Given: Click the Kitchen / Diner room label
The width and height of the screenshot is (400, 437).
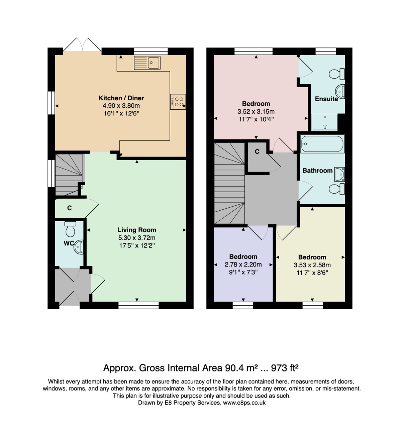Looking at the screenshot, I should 121,98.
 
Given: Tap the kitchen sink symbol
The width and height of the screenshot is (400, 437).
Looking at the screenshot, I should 147,63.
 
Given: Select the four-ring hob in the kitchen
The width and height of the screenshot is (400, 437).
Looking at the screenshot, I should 178,102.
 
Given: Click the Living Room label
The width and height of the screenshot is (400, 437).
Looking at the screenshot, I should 136,230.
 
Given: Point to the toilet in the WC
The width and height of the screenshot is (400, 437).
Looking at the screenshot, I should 70,229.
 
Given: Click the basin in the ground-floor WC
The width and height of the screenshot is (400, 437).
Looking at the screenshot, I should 79,247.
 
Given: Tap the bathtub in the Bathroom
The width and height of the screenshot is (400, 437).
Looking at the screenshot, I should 322,144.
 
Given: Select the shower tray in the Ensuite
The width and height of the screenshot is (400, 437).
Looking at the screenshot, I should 324,122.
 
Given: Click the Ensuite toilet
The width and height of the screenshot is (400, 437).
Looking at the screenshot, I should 337,74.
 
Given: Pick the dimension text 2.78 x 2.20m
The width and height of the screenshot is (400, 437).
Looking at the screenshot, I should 243,264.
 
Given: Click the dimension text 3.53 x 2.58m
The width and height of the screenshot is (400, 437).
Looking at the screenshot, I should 312,265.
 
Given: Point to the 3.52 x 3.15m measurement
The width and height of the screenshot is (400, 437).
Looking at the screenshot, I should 256,111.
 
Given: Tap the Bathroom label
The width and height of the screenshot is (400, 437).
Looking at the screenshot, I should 317,171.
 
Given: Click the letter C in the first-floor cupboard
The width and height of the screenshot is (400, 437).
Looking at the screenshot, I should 257,151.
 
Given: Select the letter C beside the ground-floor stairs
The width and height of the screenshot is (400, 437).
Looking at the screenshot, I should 70,208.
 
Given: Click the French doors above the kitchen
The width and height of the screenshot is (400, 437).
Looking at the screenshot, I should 82,45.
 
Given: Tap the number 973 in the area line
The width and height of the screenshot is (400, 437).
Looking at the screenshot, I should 279,368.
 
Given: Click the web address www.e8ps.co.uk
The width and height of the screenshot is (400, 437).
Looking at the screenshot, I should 244,403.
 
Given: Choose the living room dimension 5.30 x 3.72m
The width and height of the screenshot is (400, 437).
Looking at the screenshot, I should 136,238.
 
